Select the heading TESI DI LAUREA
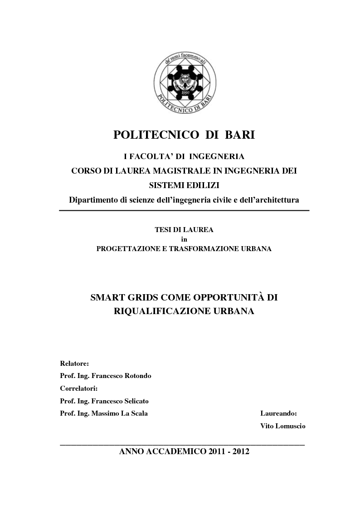tap(184, 230)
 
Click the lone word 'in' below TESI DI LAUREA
tap(184, 239)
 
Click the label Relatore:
tap(74, 364)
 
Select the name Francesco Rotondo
tap(121, 376)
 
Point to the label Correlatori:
tap(79, 388)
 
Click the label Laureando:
tap(278, 413)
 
